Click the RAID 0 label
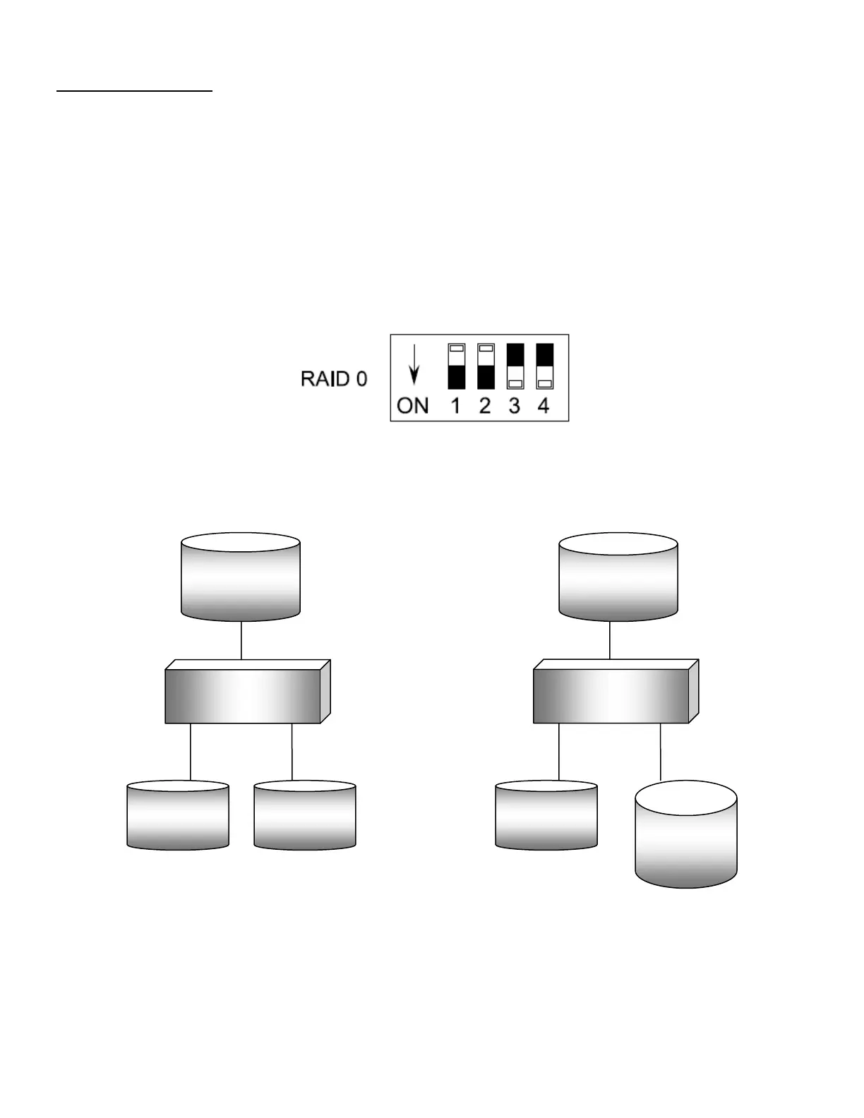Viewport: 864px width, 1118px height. point(334,379)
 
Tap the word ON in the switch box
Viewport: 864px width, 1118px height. point(413,406)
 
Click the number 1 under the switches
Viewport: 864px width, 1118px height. point(456,406)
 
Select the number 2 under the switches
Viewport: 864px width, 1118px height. point(485,406)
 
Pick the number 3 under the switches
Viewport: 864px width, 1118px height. point(515,406)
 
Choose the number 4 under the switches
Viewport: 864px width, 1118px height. point(544,406)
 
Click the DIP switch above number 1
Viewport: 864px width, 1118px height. point(456,366)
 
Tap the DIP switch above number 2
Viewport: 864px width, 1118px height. point(485,366)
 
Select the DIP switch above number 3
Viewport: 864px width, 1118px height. point(515,366)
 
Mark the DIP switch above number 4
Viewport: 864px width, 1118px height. point(544,366)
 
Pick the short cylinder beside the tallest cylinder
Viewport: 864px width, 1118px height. point(546,815)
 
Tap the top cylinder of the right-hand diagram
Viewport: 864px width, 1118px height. point(618,577)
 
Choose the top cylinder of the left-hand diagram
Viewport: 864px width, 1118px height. point(241,577)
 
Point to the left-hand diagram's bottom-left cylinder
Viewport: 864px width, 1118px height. point(178,815)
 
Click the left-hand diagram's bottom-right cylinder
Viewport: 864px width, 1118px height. point(305,815)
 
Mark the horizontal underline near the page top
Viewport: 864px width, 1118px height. point(134,91)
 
